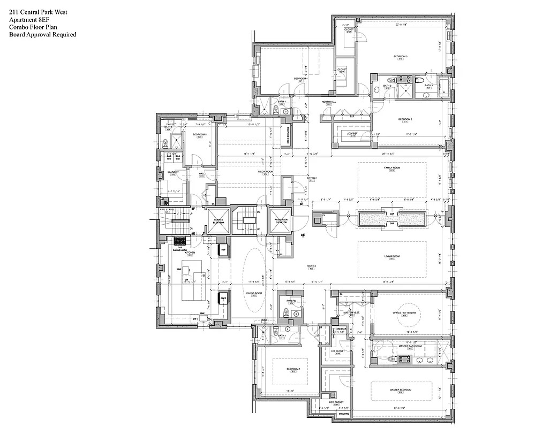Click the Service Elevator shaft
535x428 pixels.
pyautogui.click(x=218, y=221)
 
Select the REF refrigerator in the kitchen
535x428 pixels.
pyautogui.click(x=223, y=250)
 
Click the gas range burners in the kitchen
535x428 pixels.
pyautogui.click(x=179, y=242)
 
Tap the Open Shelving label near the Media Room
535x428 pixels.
pyautogui.click(x=288, y=136)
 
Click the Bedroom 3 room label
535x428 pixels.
pyautogui.click(x=401, y=56)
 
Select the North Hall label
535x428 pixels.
pyautogui.click(x=328, y=102)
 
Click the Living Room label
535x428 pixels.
pyautogui.click(x=392, y=257)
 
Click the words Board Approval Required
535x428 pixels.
pyautogui.click(x=42, y=35)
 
